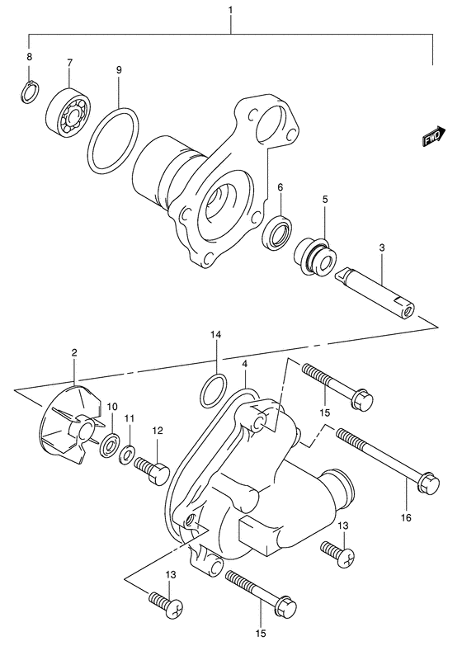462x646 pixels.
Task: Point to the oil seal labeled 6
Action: pyautogui.click(x=276, y=231)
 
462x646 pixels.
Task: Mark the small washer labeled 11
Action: pyautogui.click(x=129, y=455)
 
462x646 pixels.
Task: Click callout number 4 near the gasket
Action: pyautogui.click(x=245, y=363)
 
